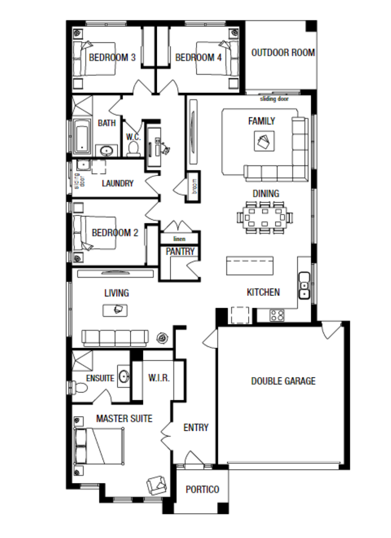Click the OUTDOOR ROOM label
coord(283,53)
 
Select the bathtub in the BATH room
coord(82,137)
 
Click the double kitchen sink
coord(304,285)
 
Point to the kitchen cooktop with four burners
coord(277,315)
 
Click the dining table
coord(265,218)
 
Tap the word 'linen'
coord(179,239)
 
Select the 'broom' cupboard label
coord(195,186)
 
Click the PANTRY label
coord(180,251)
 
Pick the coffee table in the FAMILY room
coord(264,141)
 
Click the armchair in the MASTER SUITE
coord(156,485)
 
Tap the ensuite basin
coord(124,376)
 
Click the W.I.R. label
coord(159,378)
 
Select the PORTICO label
coord(203,489)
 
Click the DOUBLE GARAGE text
coord(283,381)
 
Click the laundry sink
coord(83,165)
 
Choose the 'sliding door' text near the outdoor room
coord(274,99)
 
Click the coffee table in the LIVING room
coord(115,310)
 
